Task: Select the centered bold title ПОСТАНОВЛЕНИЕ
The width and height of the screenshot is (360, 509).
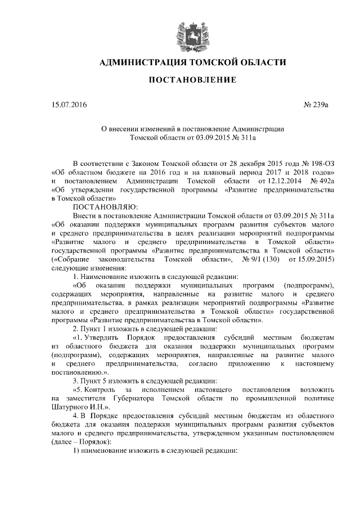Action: [192, 81]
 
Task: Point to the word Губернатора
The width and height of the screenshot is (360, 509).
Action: [132, 398]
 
